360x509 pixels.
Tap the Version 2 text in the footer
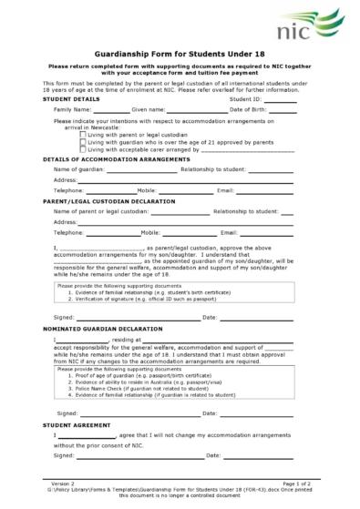click(x=63, y=484)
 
